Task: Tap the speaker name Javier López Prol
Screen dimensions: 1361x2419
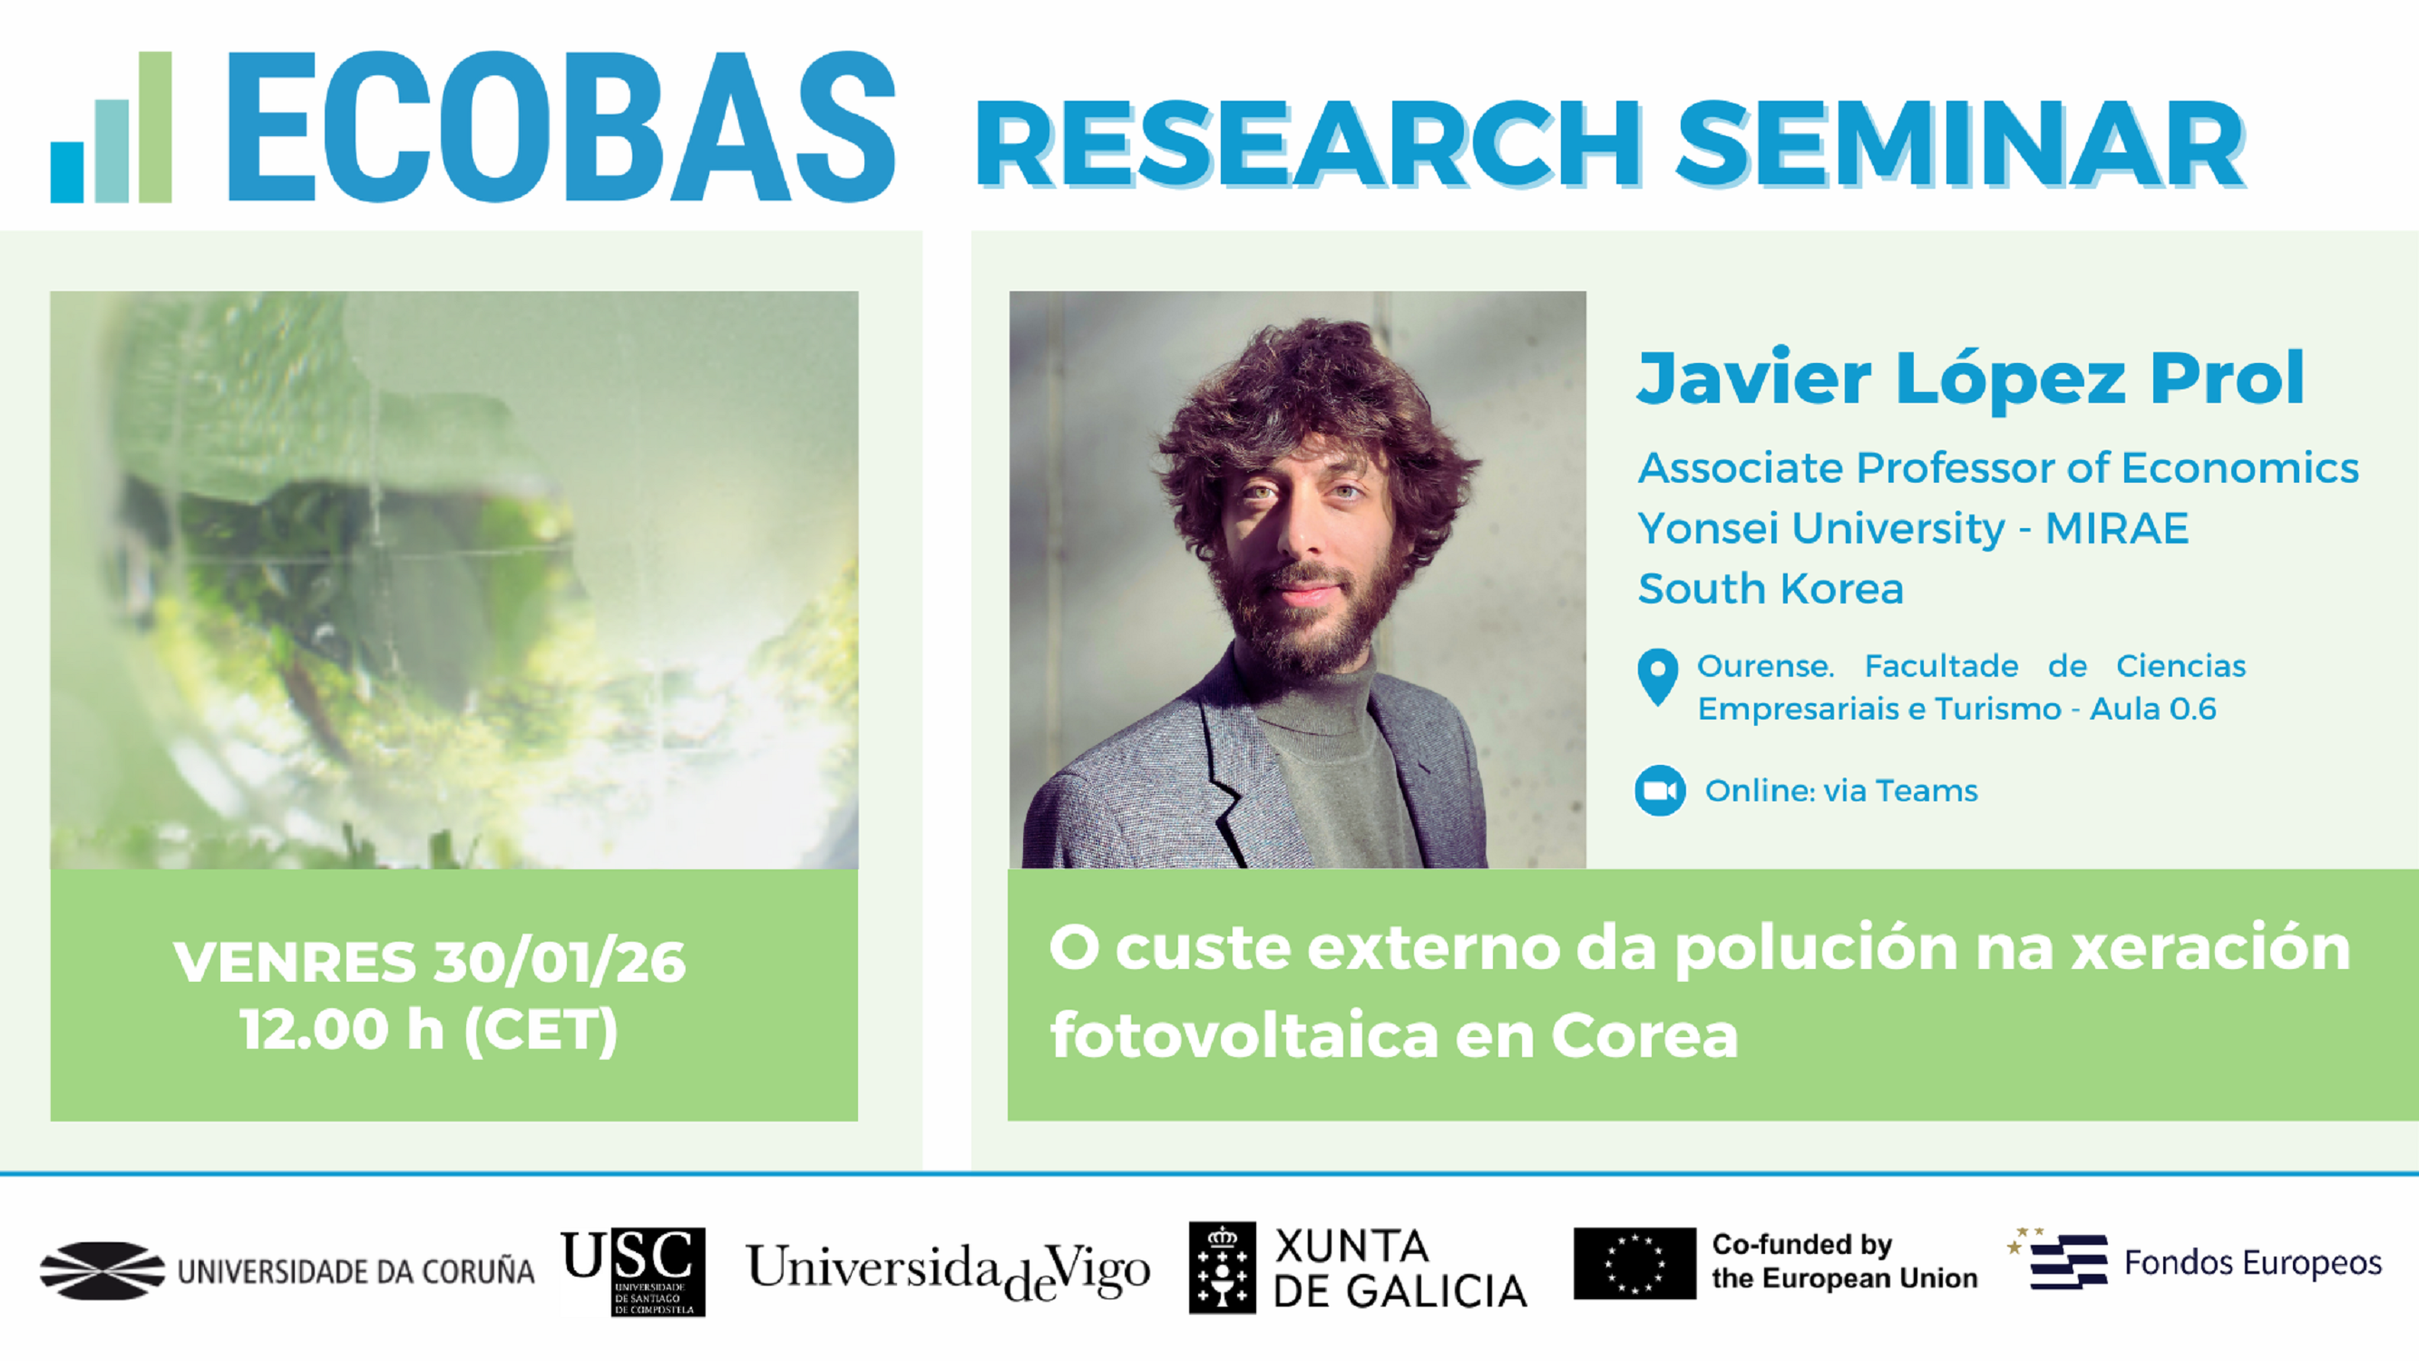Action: point(1970,377)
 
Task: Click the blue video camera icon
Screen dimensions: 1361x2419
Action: point(1659,791)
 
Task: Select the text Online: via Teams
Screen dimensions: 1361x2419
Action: point(1840,791)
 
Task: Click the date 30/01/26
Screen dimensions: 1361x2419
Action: point(560,962)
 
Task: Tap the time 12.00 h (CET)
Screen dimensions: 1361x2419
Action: point(429,1030)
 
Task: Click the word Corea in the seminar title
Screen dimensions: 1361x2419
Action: point(1644,1035)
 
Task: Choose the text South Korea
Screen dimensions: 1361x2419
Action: point(1770,589)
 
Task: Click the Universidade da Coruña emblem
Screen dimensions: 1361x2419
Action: point(102,1271)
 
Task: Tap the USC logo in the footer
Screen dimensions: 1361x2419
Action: point(633,1271)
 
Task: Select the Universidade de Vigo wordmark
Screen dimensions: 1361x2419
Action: point(948,1271)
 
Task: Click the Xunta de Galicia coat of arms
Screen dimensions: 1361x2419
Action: point(1222,1268)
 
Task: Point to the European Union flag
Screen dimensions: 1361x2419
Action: point(1634,1263)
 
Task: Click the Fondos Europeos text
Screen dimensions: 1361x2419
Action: point(2252,1263)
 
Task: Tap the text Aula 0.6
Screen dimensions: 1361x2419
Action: point(2152,710)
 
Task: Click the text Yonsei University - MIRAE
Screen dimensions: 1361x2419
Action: point(1913,529)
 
